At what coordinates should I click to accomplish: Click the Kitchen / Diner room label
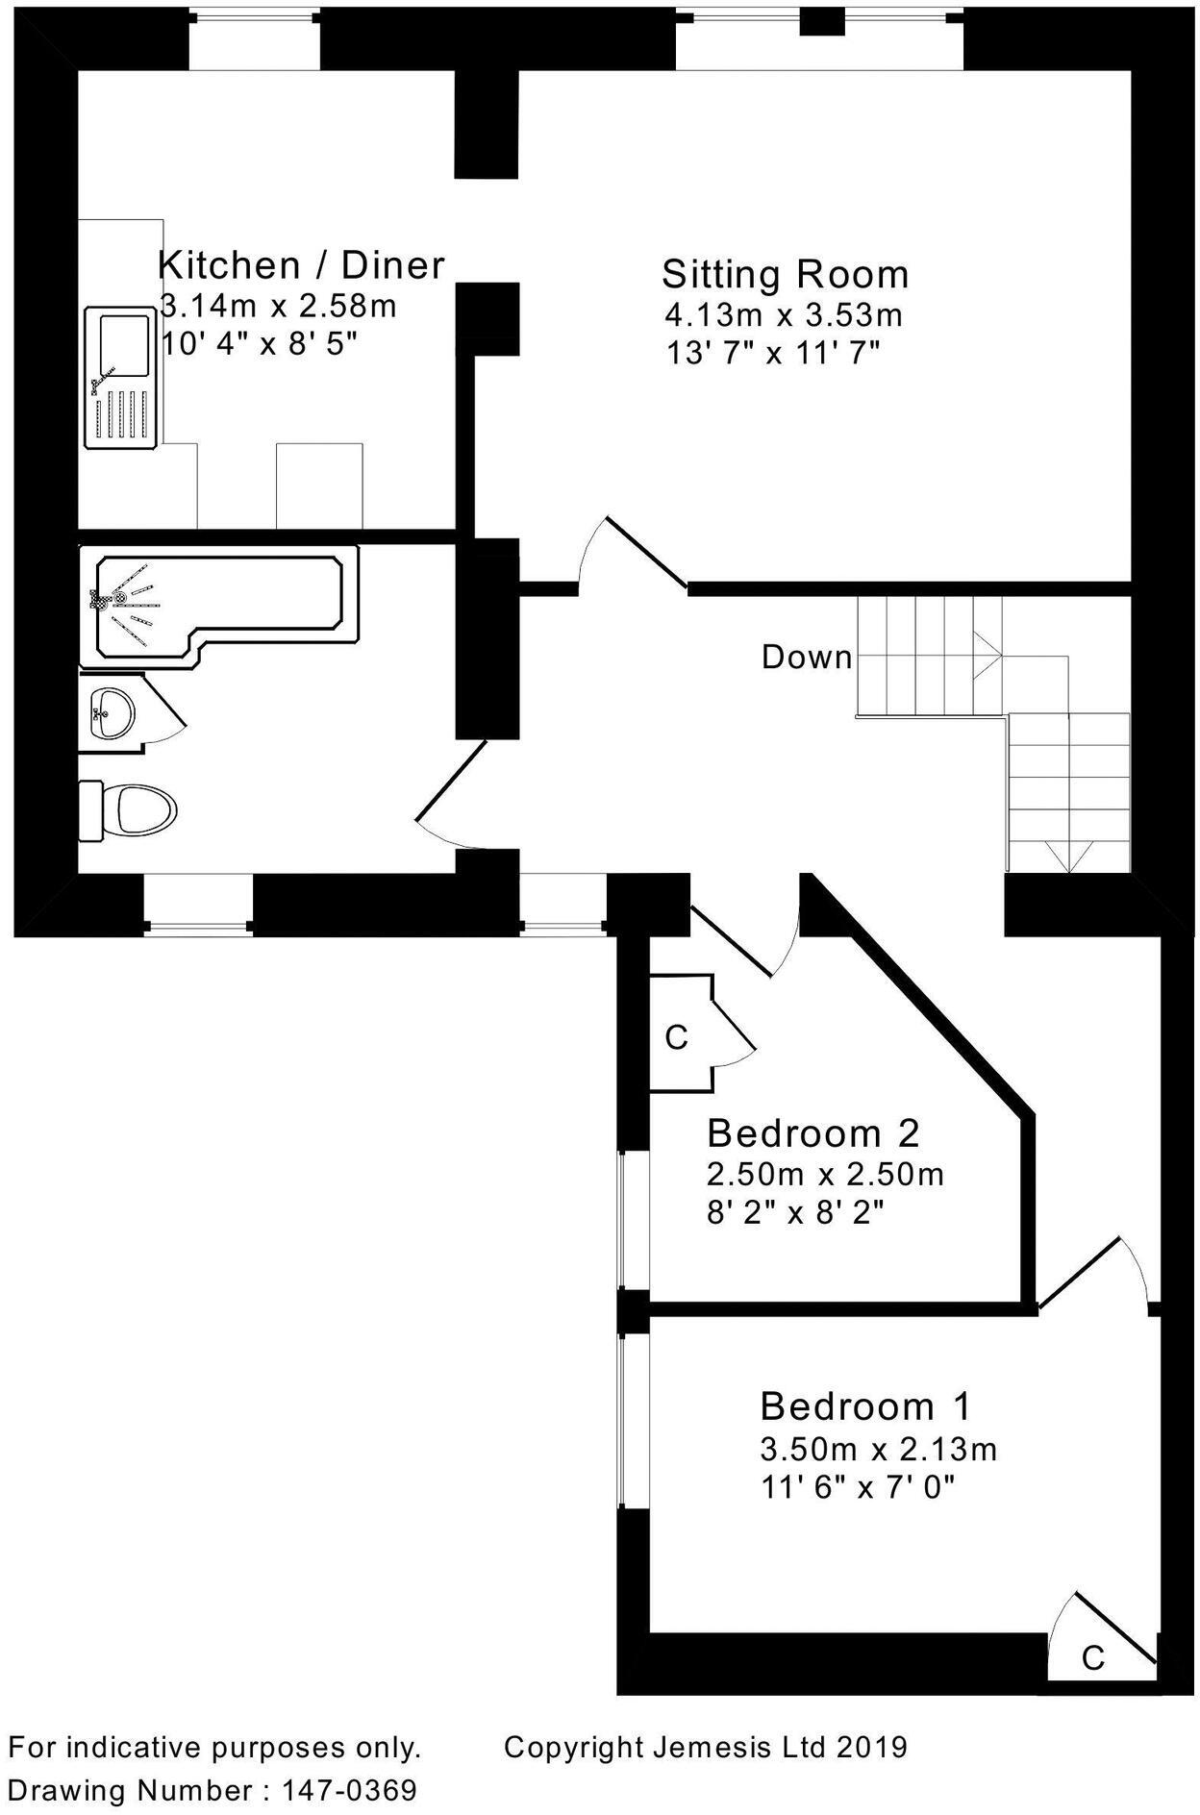pos(301,264)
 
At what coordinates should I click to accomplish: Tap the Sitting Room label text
pos(785,275)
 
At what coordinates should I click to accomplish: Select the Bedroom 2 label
pos(812,1133)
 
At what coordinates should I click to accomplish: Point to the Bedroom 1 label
pos(865,1406)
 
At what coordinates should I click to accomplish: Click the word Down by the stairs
pos(807,658)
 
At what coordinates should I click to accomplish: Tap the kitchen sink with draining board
pos(120,378)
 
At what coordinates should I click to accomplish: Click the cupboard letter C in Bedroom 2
pos(677,1038)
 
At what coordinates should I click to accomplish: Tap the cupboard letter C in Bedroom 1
pos(1092,1658)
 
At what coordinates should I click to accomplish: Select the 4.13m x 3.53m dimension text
pos(784,314)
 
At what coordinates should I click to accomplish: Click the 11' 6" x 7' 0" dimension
pos(858,1488)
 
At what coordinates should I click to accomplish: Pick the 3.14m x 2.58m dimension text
pos(278,307)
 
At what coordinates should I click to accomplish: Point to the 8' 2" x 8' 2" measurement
pos(795,1213)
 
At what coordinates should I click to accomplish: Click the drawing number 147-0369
pos(349,1791)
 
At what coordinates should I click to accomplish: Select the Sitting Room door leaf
pos(645,552)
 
